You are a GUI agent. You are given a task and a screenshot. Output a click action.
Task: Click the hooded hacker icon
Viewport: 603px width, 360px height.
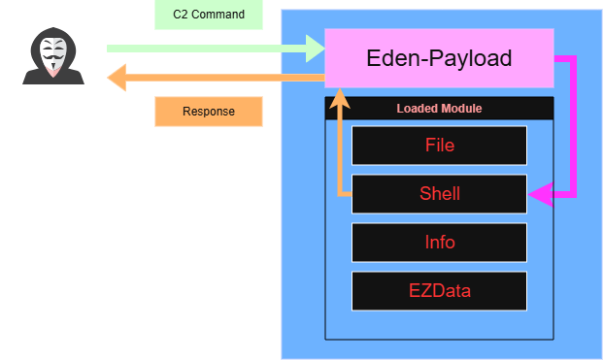pyautogui.click(x=53, y=56)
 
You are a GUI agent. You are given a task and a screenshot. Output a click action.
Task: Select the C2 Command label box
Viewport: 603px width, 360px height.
pyautogui.click(x=209, y=15)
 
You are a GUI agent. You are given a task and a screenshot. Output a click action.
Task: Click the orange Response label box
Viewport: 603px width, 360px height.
pyautogui.click(x=209, y=112)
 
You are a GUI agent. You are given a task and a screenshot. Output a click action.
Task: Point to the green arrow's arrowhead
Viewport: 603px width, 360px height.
pyautogui.click(x=316, y=49)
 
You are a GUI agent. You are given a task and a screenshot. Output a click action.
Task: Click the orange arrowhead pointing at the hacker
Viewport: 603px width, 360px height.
pyautogui.click(x=117, y=78)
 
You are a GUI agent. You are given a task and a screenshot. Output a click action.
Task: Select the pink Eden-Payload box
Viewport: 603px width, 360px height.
pyautogui.click(x=439, y=58)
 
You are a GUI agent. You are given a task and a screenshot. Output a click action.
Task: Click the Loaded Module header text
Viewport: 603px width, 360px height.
pyautogui.click(x=439, y=109)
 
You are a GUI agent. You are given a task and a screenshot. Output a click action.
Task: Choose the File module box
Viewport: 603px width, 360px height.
pyautogui.click(x=439, y=146)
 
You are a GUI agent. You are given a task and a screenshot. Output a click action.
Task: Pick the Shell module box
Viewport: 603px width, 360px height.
pyautogui.click(x=439, y=194)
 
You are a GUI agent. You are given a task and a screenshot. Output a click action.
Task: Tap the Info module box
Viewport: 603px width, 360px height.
pyautogui.click(x=439, y=243)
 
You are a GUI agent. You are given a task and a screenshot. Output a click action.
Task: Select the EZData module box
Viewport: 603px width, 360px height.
pyautogui.click(x=439, y=291)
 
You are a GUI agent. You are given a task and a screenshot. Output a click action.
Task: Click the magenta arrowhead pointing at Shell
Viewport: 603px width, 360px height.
pyautogui.click(x=540, y=194)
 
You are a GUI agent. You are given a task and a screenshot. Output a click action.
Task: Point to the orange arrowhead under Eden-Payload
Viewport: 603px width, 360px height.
pyautogui.click(x=340, y=99)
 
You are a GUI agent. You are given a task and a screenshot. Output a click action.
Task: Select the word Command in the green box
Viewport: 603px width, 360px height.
pyautogui.click(x=218, y=15)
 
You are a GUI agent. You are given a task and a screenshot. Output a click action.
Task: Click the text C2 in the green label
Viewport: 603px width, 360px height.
pyautogui.click(x=181, y=15)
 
